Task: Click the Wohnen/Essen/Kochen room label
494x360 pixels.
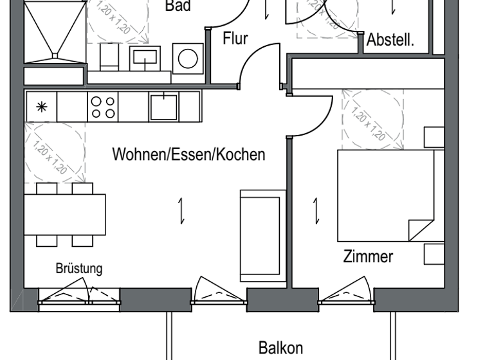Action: point(188,155)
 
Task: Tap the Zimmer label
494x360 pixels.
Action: point(368,256)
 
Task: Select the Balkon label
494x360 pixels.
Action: point(280,348)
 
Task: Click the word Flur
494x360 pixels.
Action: point(235,39)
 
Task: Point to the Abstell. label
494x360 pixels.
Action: point(390,40)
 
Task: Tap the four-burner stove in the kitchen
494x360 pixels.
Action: point(103,106)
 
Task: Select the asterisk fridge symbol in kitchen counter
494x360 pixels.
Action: point(41,107)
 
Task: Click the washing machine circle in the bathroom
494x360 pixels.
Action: point(188,59)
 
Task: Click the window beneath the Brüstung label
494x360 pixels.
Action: point(78,296)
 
